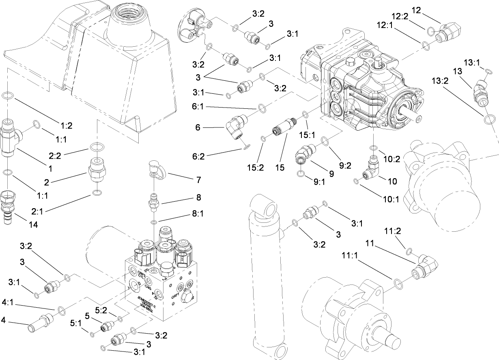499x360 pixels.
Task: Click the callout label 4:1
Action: coord(9,302)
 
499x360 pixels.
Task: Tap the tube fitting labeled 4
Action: coord(40,323)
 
